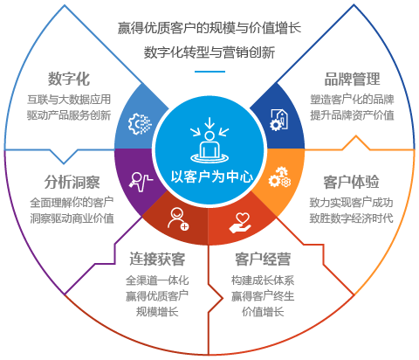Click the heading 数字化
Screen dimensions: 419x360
[x=69, y=79]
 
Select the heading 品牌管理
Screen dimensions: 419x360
[x=353, y=79]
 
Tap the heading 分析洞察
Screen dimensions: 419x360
[x=72, y=182]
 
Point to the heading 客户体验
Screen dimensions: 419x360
[x=352, y=182]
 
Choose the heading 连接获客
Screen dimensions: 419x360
[x=157, y=259]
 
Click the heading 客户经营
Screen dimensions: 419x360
[x=263, y=259]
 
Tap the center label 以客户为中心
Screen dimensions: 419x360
[x=212, y=177]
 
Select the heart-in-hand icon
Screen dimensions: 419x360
[x=240, y=223]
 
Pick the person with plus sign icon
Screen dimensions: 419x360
[x=178, y=219]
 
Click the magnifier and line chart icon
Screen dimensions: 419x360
[x=141, y=182]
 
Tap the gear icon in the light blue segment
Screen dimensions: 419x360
[x=140, y=124]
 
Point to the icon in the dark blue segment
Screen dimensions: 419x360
[x=279, y=120]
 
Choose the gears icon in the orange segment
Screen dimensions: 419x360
[x=279, y=177]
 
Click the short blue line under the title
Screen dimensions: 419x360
[x=209, y=72]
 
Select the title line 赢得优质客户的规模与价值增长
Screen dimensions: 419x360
[x=209, y=28]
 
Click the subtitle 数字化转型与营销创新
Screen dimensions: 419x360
[x=209, y=52]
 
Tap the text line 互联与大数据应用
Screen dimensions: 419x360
[x=69, y=100]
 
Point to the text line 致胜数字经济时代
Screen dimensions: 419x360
[x=351, y=218]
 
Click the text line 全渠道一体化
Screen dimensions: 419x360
[x=157, y=280]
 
